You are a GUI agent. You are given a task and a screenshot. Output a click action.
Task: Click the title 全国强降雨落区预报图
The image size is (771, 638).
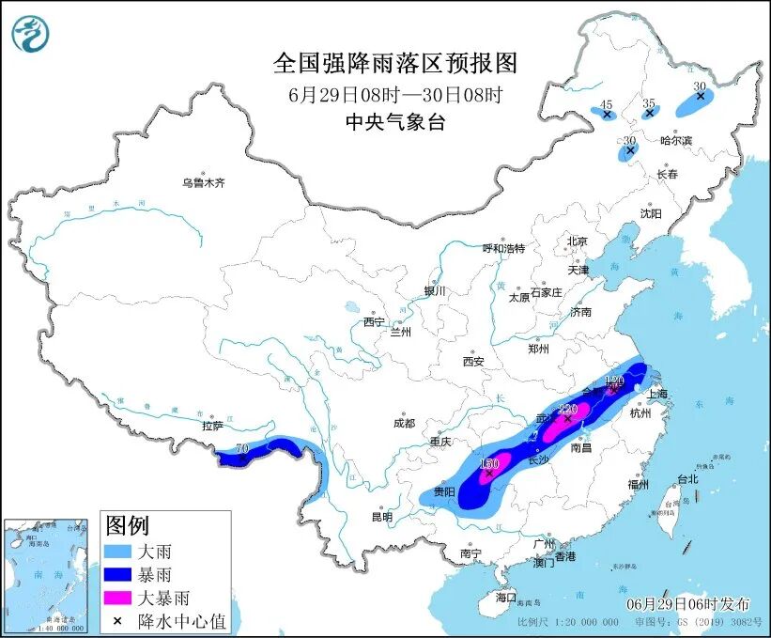(x=394, y=63)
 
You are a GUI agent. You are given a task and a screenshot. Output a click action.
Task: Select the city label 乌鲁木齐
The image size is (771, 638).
(x=203, y=182)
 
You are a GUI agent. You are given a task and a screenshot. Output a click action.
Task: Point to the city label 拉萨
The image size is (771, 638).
(x=212, y=426)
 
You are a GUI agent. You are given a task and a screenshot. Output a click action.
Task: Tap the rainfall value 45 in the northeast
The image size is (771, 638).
(x=607, y=104)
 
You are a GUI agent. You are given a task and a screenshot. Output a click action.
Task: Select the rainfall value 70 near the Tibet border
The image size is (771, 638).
(x=242, y=450)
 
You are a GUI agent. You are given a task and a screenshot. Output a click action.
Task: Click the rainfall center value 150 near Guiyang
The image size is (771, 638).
(x=487, y=463)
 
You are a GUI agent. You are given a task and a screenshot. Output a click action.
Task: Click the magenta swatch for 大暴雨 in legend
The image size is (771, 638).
(x=117, y=598)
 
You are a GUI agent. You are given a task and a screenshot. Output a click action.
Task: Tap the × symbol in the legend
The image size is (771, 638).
(x=116, y=620)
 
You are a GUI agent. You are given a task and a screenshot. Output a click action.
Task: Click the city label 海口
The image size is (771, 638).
(x=506, y=598)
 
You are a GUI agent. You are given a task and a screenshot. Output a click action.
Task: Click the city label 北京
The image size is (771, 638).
(x=576, y=241)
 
